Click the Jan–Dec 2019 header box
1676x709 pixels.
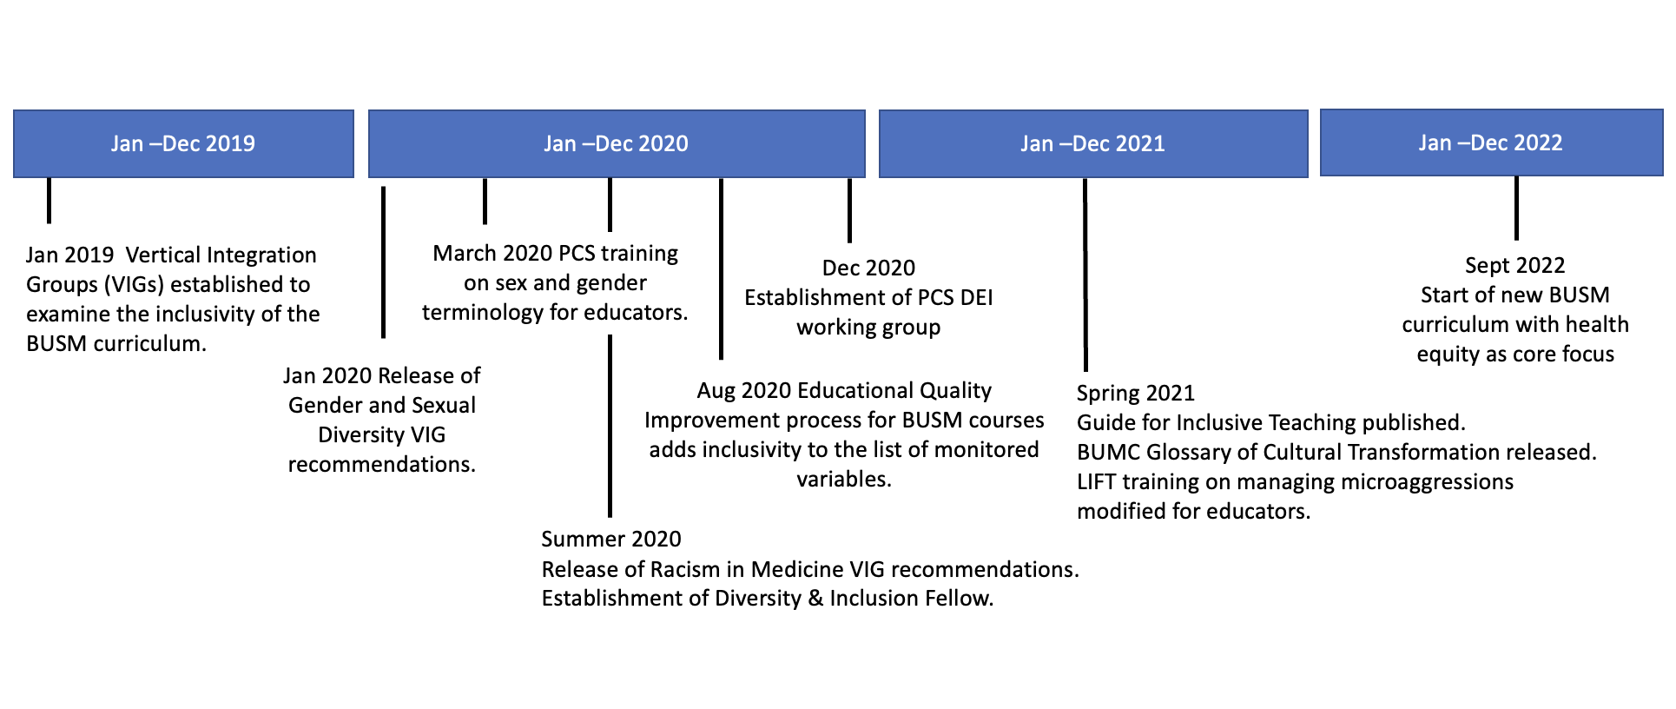183,143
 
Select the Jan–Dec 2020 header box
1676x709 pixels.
617,143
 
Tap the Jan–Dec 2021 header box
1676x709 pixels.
1093,143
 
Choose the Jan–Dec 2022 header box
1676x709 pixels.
1491,142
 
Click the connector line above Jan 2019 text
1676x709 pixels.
49,201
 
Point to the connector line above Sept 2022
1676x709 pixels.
1516,209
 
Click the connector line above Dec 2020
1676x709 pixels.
849,210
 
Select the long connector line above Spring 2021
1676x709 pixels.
1085,275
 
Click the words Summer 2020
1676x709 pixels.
611,540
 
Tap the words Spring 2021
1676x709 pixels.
1136,394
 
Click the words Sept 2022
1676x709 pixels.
1515,266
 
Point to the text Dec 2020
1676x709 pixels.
868,268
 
